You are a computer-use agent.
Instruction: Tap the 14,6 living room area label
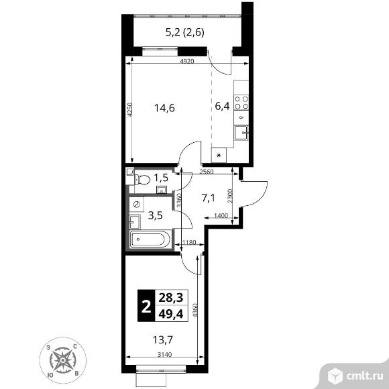pos(164,108)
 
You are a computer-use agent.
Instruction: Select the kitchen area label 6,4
pos(222,106)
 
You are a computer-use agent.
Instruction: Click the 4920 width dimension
pos(187,61)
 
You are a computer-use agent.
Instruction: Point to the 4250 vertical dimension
pos(129,109)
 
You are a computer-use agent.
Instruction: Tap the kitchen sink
pos(241,133)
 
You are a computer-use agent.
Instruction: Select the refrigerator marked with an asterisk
pos(219,156)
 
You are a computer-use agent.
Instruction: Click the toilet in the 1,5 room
pos(142,180)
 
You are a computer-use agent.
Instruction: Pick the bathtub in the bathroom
pos(150,239)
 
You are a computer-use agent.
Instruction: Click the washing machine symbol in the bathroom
pos(136,205)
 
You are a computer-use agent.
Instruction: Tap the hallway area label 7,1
pos(208,199)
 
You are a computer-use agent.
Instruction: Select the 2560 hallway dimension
pos(207,172)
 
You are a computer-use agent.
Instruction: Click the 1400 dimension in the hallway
pos(221,215)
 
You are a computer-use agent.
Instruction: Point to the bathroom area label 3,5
pos(156,215)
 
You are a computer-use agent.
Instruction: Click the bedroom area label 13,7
pos(162,340)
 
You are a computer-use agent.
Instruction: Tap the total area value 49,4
pos(171,315)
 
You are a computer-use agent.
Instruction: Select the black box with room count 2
pos(146,306)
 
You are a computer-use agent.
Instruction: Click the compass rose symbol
pos(63,360)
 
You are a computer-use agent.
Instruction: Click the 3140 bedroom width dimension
pos(165,355)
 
